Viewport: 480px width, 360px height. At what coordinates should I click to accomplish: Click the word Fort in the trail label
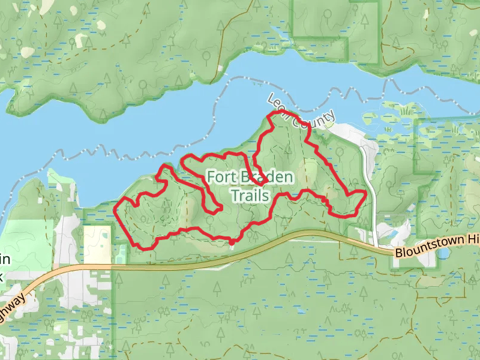tap(220, 177)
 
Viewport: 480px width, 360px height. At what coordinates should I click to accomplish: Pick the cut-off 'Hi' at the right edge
tap(473, 239)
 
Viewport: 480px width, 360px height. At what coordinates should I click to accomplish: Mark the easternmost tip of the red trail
tap(365, 193)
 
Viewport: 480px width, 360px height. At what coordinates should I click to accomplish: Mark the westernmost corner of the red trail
tap(115, 209)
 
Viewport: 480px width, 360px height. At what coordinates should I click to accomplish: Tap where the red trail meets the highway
tap(232, 243)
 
